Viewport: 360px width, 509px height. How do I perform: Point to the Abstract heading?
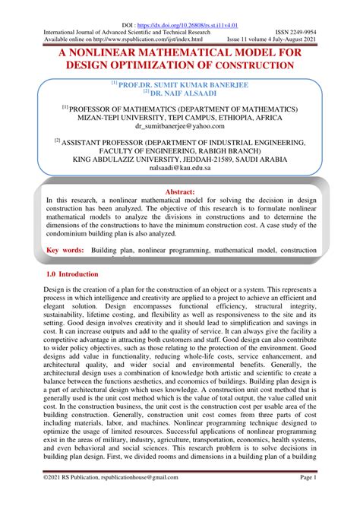coord(179,194)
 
